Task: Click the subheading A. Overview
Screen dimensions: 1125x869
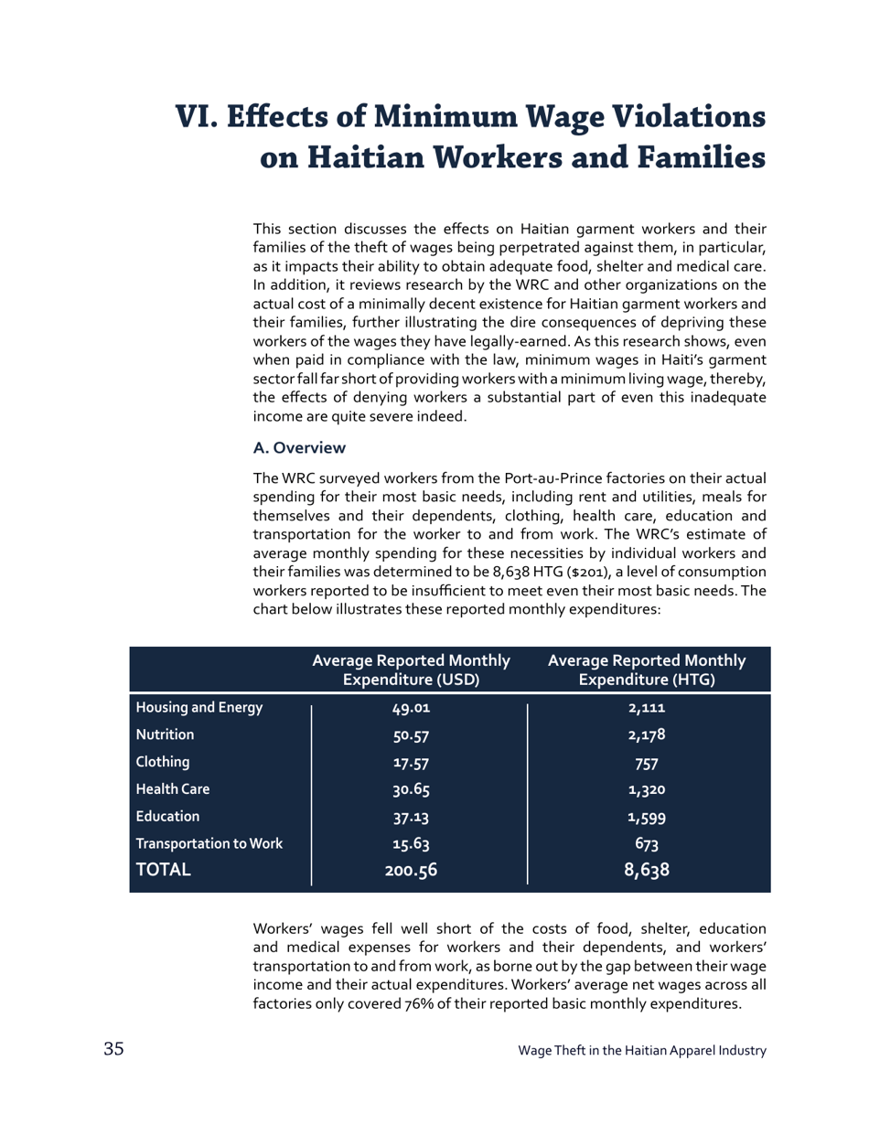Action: point(299,448)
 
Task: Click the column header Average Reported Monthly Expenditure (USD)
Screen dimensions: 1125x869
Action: point(411,670)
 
